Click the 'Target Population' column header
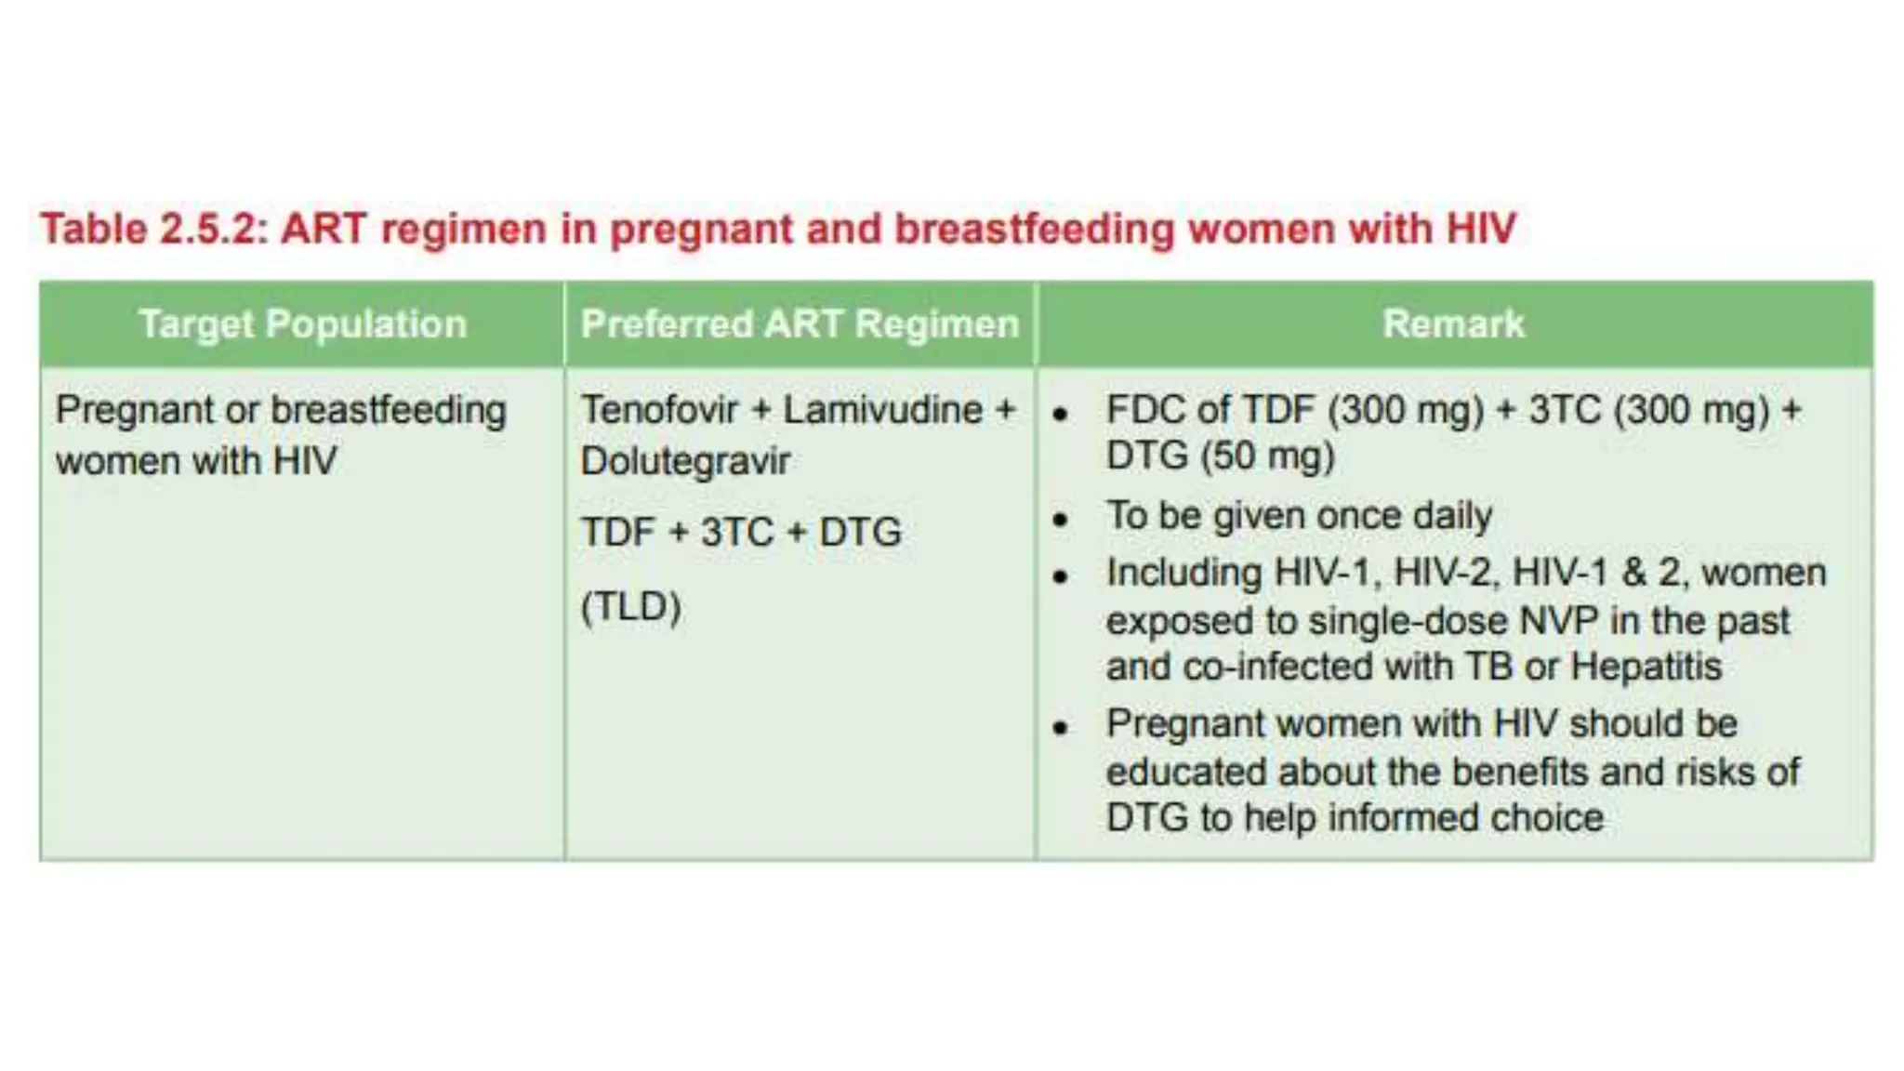302,324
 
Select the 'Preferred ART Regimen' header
800,324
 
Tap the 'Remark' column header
1453,324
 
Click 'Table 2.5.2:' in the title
154,229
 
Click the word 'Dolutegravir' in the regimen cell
685,461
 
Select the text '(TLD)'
631,607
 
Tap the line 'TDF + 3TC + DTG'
741,533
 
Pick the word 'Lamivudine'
882,410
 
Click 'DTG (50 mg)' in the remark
1220,456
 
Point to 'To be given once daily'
1299,516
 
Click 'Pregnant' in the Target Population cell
134,410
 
